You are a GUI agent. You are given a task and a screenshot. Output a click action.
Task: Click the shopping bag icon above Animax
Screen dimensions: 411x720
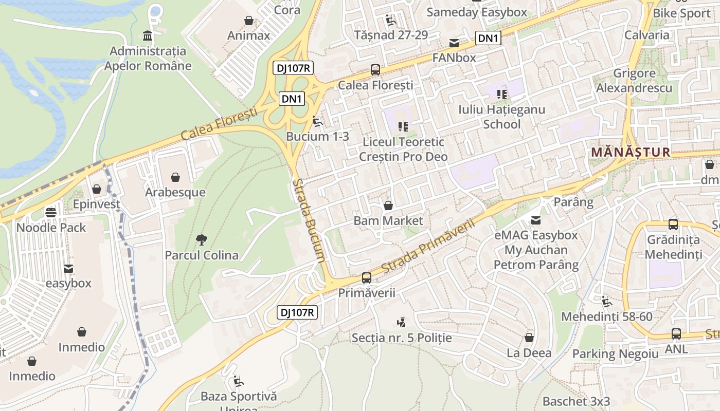click(249, 21)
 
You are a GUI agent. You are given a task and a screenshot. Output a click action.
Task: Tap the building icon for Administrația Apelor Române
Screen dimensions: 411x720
click(148, 36)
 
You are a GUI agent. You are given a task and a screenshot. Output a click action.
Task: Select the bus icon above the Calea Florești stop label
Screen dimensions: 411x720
click(375, 70)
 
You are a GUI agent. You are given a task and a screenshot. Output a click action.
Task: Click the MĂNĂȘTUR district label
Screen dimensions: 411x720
click(631, 152)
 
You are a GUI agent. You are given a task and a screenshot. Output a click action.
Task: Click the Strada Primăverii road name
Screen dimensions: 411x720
click(428, 245)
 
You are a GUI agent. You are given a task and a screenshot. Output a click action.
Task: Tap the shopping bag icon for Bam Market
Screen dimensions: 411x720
click(388, 206)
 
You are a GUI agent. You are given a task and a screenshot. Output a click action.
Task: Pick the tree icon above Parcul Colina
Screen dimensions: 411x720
click(202, 239)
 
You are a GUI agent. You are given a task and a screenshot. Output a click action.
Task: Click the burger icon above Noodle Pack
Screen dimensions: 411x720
click(51, 212)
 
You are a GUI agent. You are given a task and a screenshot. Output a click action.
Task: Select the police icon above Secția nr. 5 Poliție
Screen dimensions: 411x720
click(402, 323)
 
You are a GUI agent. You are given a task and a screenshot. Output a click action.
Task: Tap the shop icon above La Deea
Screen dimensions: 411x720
click(529, 338)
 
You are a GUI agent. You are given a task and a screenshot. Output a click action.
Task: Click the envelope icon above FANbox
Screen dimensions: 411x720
click(455, 43)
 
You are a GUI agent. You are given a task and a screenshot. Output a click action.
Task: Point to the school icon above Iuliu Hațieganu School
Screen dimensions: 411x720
click(502, 94)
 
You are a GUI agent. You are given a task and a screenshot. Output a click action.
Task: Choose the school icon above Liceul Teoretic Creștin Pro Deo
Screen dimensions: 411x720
click(403, 126)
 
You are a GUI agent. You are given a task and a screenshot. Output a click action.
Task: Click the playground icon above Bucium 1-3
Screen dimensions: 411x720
click(317, 121)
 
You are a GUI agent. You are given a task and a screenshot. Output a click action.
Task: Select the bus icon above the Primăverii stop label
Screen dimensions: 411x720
click(367, 278)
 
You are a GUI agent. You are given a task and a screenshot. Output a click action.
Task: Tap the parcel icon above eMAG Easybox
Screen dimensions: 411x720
click(536, 220)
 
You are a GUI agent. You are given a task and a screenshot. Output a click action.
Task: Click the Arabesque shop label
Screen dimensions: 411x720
click(175, 192)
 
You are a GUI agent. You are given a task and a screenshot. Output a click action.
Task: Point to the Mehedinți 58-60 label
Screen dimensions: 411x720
click(606, 316)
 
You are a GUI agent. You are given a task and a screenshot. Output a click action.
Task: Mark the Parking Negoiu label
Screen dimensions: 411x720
click(615, 353)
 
